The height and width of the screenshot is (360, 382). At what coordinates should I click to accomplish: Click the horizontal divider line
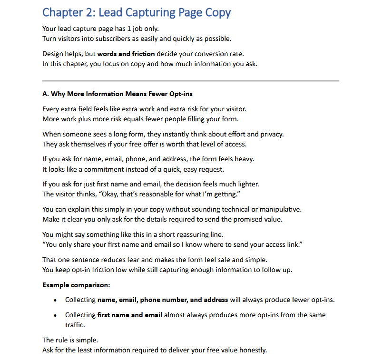click(x=190, y=81)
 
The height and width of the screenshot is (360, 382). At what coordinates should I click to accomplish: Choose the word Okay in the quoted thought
click(x=105, y=194)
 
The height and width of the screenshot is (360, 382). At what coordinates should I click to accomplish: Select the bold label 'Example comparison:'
click(x=76, y=285)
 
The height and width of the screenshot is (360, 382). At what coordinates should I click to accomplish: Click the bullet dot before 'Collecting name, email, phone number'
click(x=56, y=300)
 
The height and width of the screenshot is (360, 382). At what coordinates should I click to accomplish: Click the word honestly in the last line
click(x=252, y=350)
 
